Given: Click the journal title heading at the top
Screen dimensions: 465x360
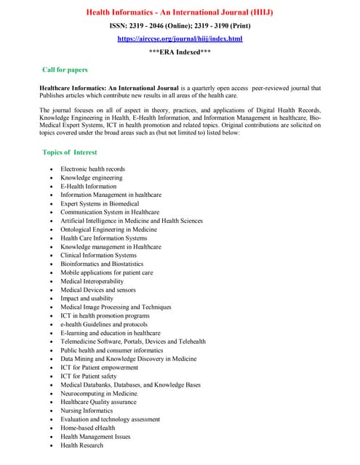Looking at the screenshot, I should pyautogui.click(x=180, y=12).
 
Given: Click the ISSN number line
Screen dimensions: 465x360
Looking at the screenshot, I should pyautogui.click(x=180, y=26).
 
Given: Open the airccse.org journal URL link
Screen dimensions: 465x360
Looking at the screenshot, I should pyautogui.click(x=180, y=39).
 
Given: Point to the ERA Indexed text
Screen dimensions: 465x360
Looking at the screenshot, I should pyautogui.click(x=180, y=53).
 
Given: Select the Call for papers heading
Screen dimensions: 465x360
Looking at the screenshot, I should pyautogui.click(x=65, y=70).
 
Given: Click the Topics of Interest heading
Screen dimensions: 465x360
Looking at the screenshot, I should pyautogui.click(x=70, y=153).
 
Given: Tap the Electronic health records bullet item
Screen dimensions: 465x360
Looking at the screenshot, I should pyautogui.click(x=92, y=169).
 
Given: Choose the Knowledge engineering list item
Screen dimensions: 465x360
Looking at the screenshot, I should pyautogui.click(x=91, y=178).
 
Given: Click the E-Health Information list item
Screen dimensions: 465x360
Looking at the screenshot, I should pyautogui.click(x=88, y=187).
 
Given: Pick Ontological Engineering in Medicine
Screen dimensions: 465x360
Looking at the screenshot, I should pyautogui.click(x=108, y=230).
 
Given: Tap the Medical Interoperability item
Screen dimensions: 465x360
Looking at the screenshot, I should pyautogui.click(x=92, y=281).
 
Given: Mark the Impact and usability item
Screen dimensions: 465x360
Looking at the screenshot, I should pyautogui.click(x=87, y=299).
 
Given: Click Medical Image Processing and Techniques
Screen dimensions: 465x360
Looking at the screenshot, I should pyautogui.click(x=116, y=307).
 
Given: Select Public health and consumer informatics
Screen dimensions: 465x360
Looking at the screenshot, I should pyautogui.click(x=111, y=350).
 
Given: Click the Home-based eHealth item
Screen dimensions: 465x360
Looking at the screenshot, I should pyautogui.click(x=88, y=428).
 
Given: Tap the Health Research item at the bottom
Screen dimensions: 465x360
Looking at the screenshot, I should pyautogui.click(x=81, y=445).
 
